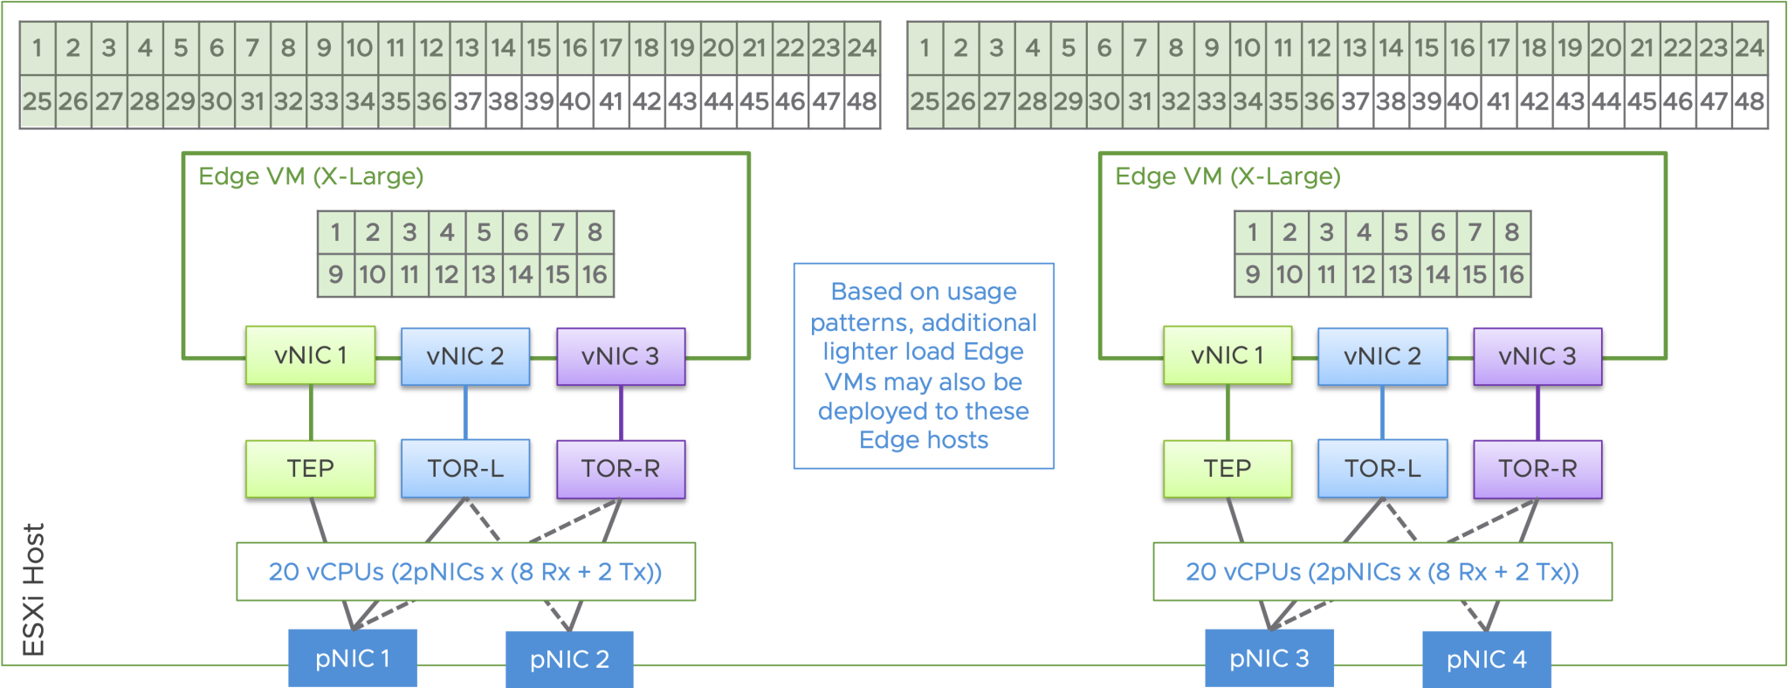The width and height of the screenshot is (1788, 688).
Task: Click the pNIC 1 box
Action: tap(353, 658)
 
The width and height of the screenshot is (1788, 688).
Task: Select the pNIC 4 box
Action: tap(1486, 659)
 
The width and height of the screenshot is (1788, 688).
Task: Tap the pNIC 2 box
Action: tap(569, 659)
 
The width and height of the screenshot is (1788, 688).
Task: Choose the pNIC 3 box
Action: tap(1269, 658)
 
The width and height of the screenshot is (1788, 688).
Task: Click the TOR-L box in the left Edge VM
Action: tap(465, 469)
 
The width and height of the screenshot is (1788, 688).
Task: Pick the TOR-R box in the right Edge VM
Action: tap(1537, 469)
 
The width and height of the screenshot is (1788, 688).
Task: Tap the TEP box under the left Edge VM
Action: tap(311, 469)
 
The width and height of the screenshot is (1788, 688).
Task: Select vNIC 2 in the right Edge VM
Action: tap(1382, 356)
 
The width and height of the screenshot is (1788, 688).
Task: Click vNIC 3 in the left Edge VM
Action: tap(621, 356)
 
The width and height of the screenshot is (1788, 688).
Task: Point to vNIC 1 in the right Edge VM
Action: tap(1227, 355)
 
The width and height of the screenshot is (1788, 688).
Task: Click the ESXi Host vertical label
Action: tap(33, 589)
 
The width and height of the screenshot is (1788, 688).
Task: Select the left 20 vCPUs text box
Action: tap(465, 572)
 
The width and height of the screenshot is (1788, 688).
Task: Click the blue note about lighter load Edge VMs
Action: tap(924, 366)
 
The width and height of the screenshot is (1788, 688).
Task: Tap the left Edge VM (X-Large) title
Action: tap(311, 176)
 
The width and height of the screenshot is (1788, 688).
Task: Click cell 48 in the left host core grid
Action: tap(862, 102)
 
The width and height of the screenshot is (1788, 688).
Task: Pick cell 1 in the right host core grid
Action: tap(925, 48)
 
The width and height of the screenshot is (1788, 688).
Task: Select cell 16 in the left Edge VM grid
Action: tap(595, 275)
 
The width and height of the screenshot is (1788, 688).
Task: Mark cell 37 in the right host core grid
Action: tap(1355, 102)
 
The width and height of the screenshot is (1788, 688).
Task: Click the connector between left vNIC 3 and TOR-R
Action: tap(621, 413)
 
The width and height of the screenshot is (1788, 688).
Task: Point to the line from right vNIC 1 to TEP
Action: tap(1228, 413)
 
